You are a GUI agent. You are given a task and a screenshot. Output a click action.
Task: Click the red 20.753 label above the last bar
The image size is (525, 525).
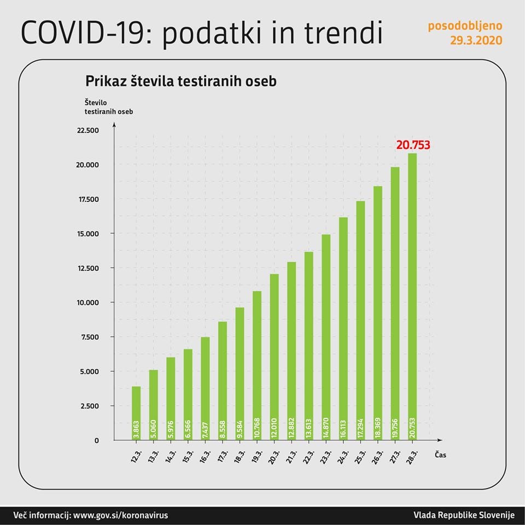[x=413, y=145]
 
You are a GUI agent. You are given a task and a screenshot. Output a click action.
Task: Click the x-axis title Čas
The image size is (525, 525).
[x=441, y=454]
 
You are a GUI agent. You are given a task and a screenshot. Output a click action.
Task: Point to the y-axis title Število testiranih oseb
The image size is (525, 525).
[x=109, y=107]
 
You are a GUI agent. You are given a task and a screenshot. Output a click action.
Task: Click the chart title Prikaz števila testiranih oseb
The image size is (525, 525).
[x=181, y=81]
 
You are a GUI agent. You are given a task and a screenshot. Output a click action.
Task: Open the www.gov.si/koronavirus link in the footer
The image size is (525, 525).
[x=120, y=515]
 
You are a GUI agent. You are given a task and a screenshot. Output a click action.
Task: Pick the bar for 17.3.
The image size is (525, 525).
[x=223, y=380]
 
